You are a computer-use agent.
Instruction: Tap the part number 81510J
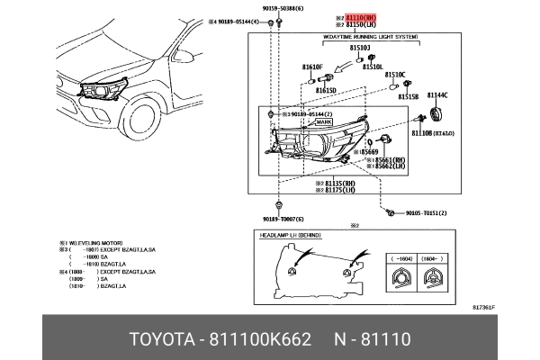coord(360,47)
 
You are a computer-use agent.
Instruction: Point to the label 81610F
coord(312,67)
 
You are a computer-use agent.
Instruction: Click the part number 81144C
coord(437,94)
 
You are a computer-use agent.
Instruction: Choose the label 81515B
coord(409,95)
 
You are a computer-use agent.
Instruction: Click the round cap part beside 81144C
coord(439,115)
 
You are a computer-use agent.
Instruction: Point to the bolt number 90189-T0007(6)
coord(283,219)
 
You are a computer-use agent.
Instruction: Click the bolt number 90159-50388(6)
coord(289,7)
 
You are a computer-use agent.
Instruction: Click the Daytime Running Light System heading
coord(370,38)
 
